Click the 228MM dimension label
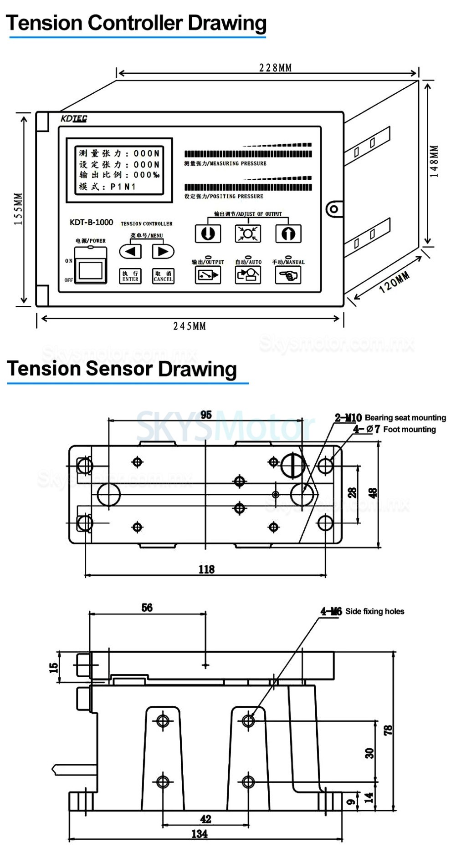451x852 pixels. (x=275, y=68)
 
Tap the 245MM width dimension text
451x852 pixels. (x=190, y=326)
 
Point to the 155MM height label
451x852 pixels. (x=18, y=209)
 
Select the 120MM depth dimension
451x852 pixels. (x=395, y=282)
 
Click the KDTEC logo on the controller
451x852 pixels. (x=74, y=119)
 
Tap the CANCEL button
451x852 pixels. (x=163, y=276)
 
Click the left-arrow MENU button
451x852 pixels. (x=130, y=251)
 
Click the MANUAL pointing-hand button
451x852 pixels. (x=288, y=275)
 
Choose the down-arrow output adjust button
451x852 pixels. (x=208, y=233)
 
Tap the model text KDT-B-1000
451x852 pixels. (x=91, y=223)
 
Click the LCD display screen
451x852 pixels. (x=119, y=170)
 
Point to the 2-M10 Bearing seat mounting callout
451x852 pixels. (x=390, y=417)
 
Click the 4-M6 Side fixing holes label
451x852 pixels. (x=363, y=611)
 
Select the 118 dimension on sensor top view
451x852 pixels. (x=206, y=569)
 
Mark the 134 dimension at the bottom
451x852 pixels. (x=200, y=833)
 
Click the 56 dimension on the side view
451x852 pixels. (x=147, y=608)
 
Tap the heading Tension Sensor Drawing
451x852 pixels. (x=122, y=369)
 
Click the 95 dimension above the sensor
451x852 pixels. (x=206, y=414)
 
